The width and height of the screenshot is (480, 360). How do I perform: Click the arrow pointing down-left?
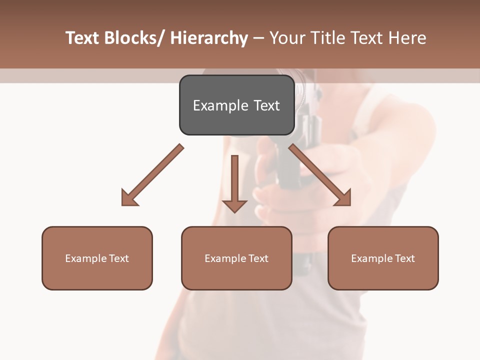155,172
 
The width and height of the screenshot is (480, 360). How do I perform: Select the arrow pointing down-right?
317,172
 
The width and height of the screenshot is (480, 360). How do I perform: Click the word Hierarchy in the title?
209,38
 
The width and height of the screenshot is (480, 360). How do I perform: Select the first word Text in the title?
83,38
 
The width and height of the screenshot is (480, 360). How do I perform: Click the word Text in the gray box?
266,105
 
